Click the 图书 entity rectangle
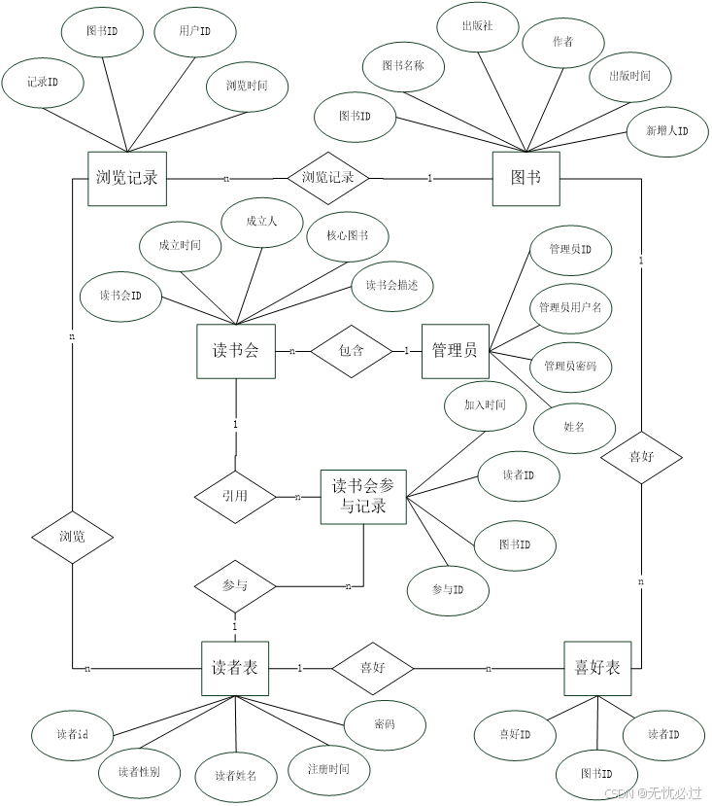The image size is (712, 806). (526, 179)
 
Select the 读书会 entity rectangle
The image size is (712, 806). (235, 351)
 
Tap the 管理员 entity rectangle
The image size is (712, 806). (455, 351)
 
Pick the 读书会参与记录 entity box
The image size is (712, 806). (363, 497)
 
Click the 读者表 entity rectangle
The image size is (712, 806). (235, 668)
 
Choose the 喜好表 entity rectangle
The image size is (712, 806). (597, 668)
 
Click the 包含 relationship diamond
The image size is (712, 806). (351, 351)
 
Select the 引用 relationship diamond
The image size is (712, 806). (235, 496)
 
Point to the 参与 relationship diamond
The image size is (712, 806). (235, 586)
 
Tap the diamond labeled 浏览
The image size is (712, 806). (72, 537)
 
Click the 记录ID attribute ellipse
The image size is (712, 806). (43, 83)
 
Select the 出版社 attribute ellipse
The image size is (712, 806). (477, 26)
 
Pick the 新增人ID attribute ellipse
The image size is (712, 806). (667, 130)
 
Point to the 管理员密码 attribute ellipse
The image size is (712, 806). (570, 367)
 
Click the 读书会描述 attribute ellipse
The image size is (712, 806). (391, 286)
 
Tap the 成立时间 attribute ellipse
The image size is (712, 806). (180, 246)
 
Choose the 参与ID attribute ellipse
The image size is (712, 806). (447, 590)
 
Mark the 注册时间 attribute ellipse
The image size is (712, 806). (328, 769)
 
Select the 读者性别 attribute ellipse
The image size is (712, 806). (139, 772)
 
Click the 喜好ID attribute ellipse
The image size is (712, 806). (514, 734)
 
